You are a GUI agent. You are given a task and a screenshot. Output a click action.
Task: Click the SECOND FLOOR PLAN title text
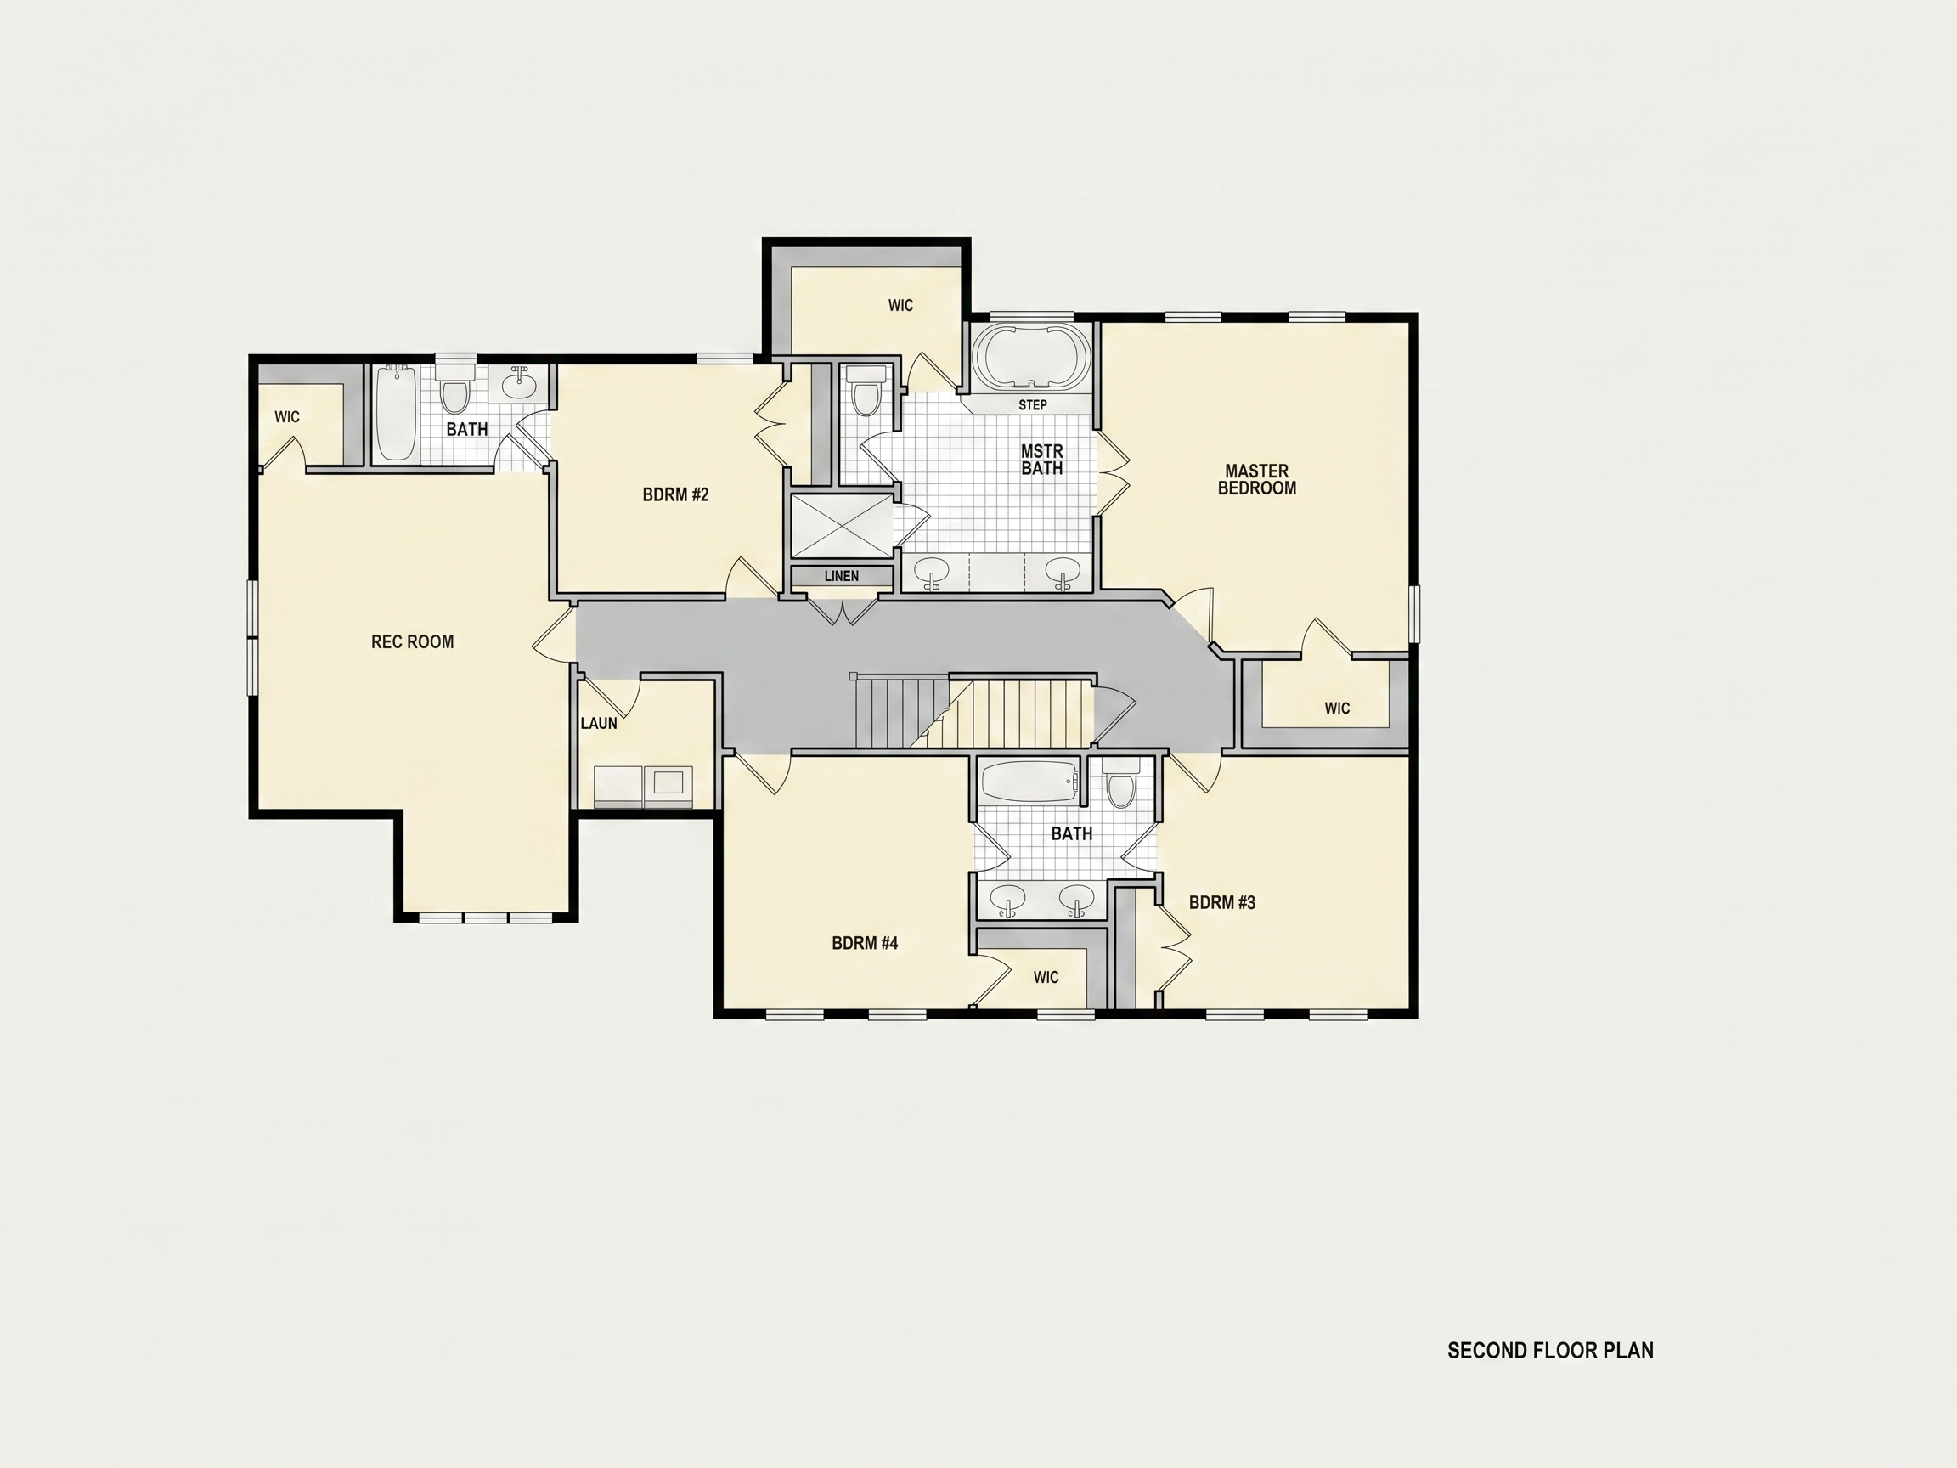click(1550, 1350)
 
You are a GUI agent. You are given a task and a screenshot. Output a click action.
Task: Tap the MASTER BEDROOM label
click(1257, 480)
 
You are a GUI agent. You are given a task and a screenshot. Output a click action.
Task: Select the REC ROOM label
click(412, 641)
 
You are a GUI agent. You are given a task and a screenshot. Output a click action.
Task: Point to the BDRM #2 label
click(676, 494)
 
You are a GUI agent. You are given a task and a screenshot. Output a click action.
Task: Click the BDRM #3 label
click(1221, 902)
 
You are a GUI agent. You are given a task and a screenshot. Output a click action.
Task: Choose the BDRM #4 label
click(866, 943)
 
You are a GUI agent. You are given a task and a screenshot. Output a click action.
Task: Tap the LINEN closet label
click(842, 576)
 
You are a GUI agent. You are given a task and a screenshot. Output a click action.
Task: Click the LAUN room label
click(599, 723)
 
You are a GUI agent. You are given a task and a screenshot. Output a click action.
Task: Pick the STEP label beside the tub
click(1033, 405)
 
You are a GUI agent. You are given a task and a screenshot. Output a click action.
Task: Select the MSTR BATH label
click(1042, 460)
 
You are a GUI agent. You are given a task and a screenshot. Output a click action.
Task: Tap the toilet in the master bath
click(866, 392)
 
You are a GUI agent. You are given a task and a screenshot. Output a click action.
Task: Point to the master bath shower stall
click(843, 527)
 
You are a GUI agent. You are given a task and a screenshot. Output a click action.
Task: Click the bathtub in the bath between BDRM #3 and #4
click(1030, 782)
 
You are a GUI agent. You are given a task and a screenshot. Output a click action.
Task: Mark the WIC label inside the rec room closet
click(286, 417)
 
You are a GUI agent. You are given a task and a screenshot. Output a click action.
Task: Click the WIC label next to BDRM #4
click(1046, 978)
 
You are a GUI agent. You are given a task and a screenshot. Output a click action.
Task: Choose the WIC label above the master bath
click(900, 305)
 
